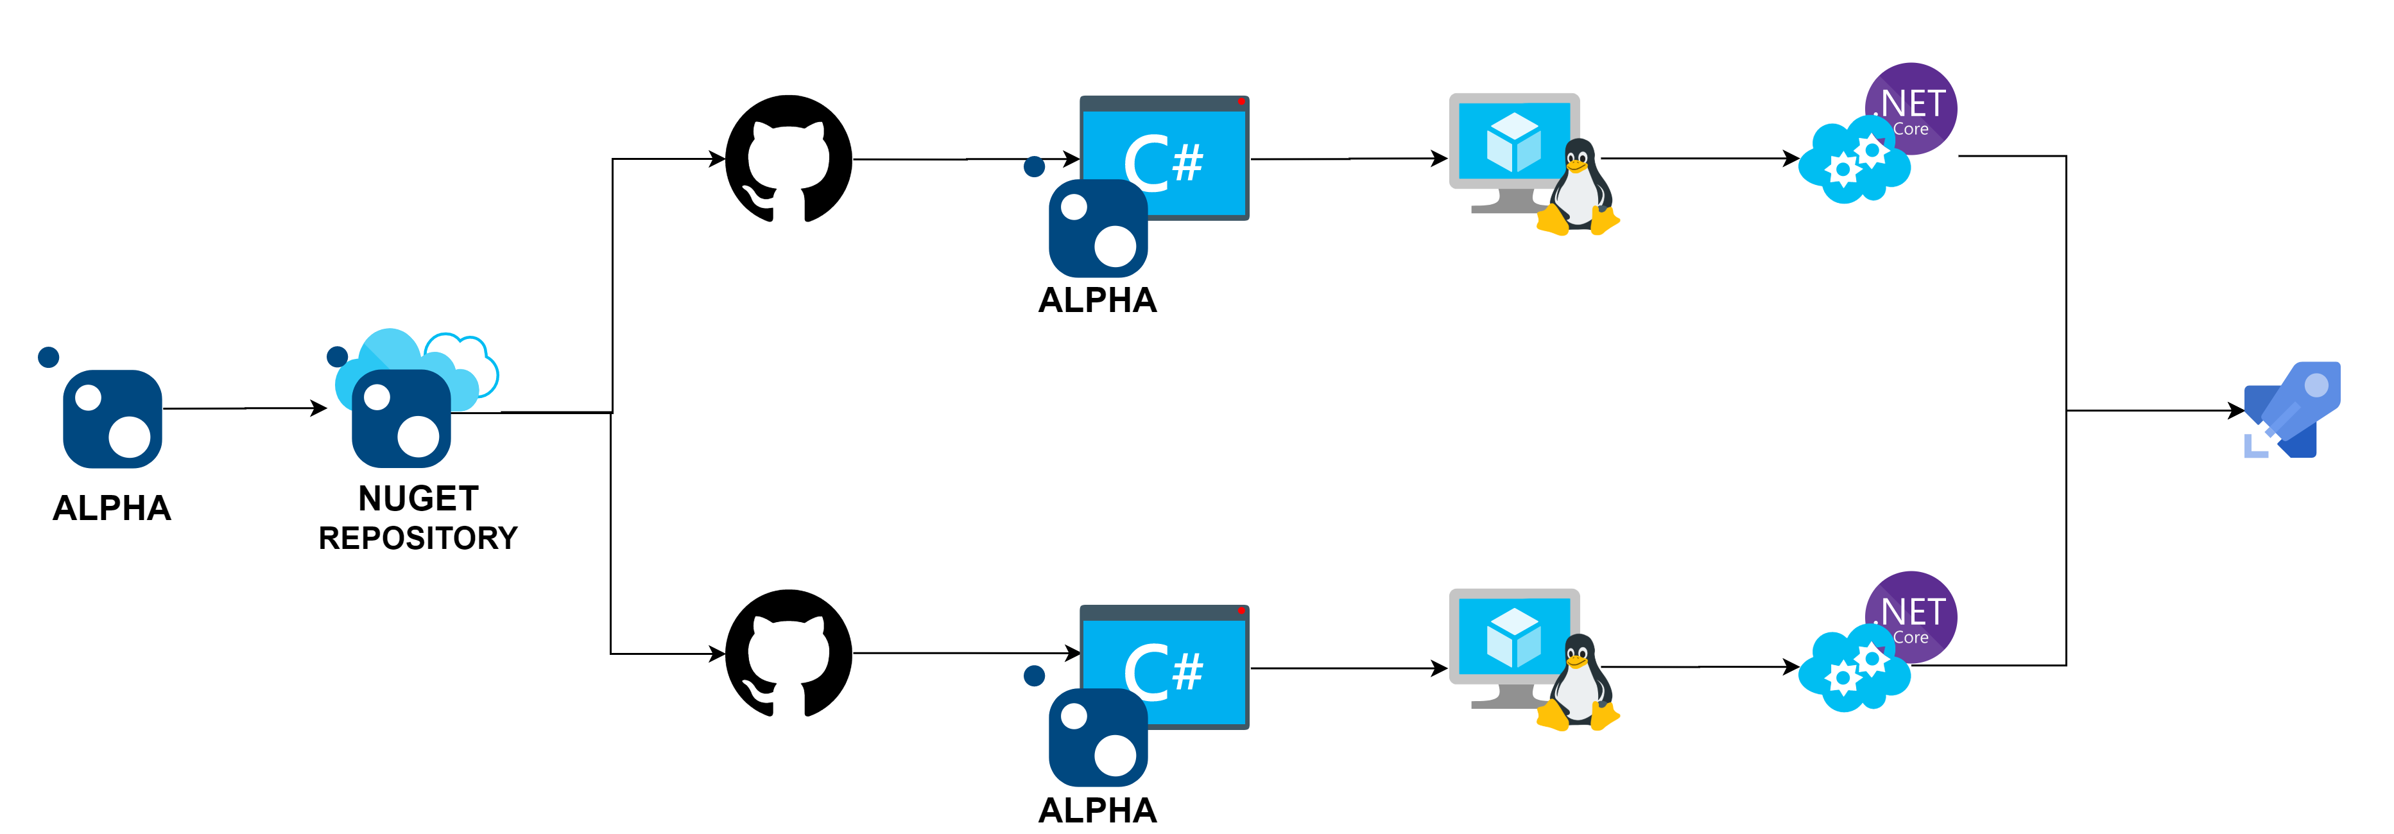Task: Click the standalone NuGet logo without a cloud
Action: (x=112, y=419)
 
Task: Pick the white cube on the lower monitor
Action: (x=1513, y=638)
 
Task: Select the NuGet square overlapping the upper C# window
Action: (x=1098, y=229)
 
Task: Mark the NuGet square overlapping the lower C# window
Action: (x=1098, y=737)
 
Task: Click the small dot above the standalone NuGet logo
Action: (x=48, y=357)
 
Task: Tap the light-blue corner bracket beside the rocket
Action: (x=2253, y=447)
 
